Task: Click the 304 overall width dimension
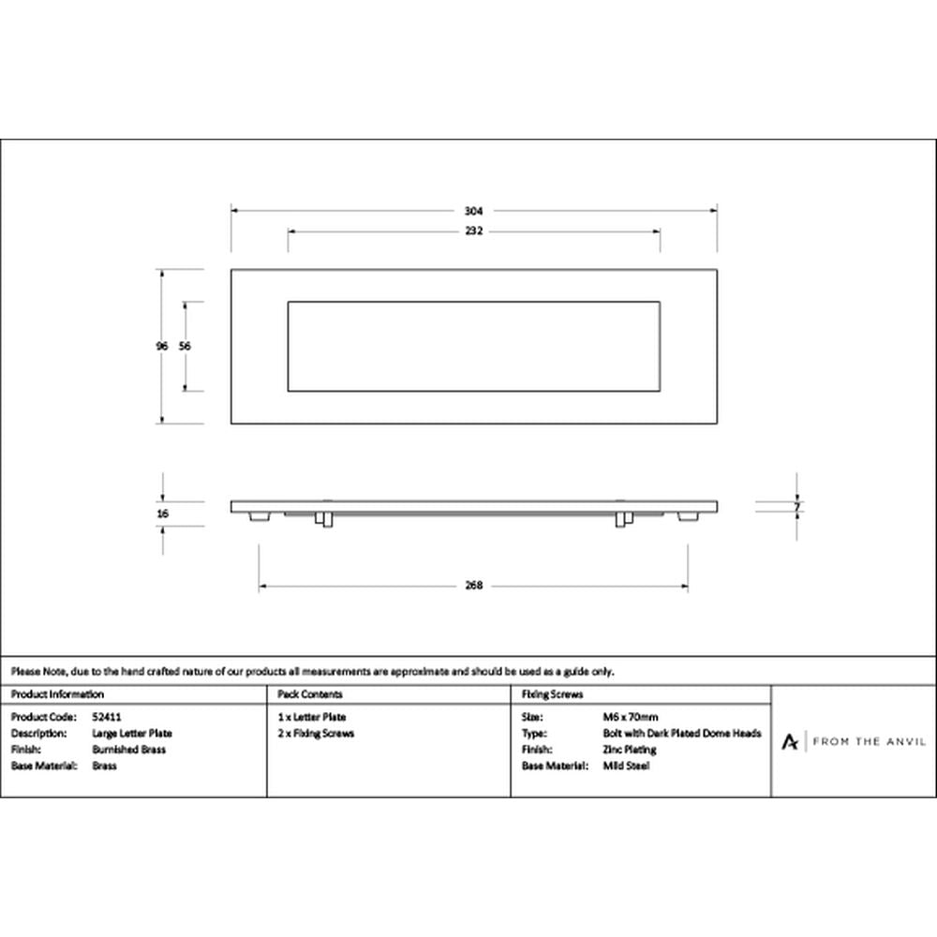(473, 211)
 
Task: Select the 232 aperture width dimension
(473, 231)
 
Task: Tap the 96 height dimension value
(161, 346)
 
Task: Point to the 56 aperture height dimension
(185, 346)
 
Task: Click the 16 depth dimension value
(162, 513)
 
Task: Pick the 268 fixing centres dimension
(473, 586)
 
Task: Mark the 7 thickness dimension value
(796, 507)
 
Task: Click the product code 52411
(107, 717)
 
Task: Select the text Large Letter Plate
(132, 734)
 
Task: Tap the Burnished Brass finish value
(128, 750)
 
